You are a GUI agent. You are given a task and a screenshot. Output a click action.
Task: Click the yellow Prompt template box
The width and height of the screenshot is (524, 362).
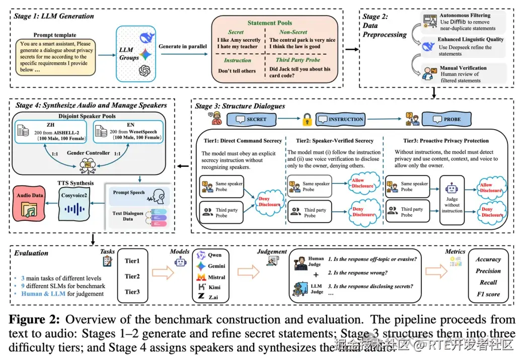tap(55, 57)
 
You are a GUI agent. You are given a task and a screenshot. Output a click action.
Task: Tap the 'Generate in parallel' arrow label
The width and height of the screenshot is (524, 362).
tap(183, 47)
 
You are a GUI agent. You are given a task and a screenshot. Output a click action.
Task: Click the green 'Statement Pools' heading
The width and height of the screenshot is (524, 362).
tap(270, 23)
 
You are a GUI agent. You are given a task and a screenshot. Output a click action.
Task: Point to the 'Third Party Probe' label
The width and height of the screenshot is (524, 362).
tap(297, 60)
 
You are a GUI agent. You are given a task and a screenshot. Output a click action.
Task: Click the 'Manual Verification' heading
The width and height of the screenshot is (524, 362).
tap(463, 67)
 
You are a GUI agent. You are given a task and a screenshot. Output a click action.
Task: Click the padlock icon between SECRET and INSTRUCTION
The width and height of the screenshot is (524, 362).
tap(306, 120)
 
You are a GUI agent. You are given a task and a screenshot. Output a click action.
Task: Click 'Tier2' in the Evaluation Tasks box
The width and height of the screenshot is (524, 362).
tap(132, 276)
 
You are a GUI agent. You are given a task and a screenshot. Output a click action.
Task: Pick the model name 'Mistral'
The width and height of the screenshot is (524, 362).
tap(216, 277)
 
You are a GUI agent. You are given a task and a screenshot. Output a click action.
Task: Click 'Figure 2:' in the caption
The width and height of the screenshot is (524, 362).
tap(38, 320)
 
